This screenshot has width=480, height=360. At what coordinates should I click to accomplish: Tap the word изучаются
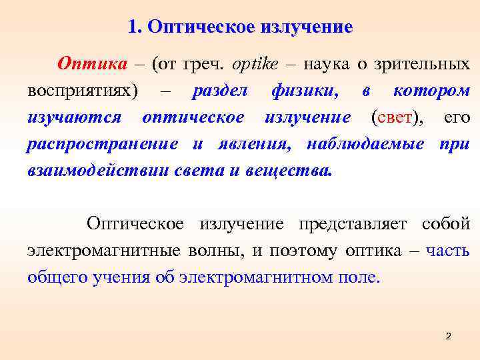point(74,118)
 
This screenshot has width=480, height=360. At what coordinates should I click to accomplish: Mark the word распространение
point(102,145)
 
